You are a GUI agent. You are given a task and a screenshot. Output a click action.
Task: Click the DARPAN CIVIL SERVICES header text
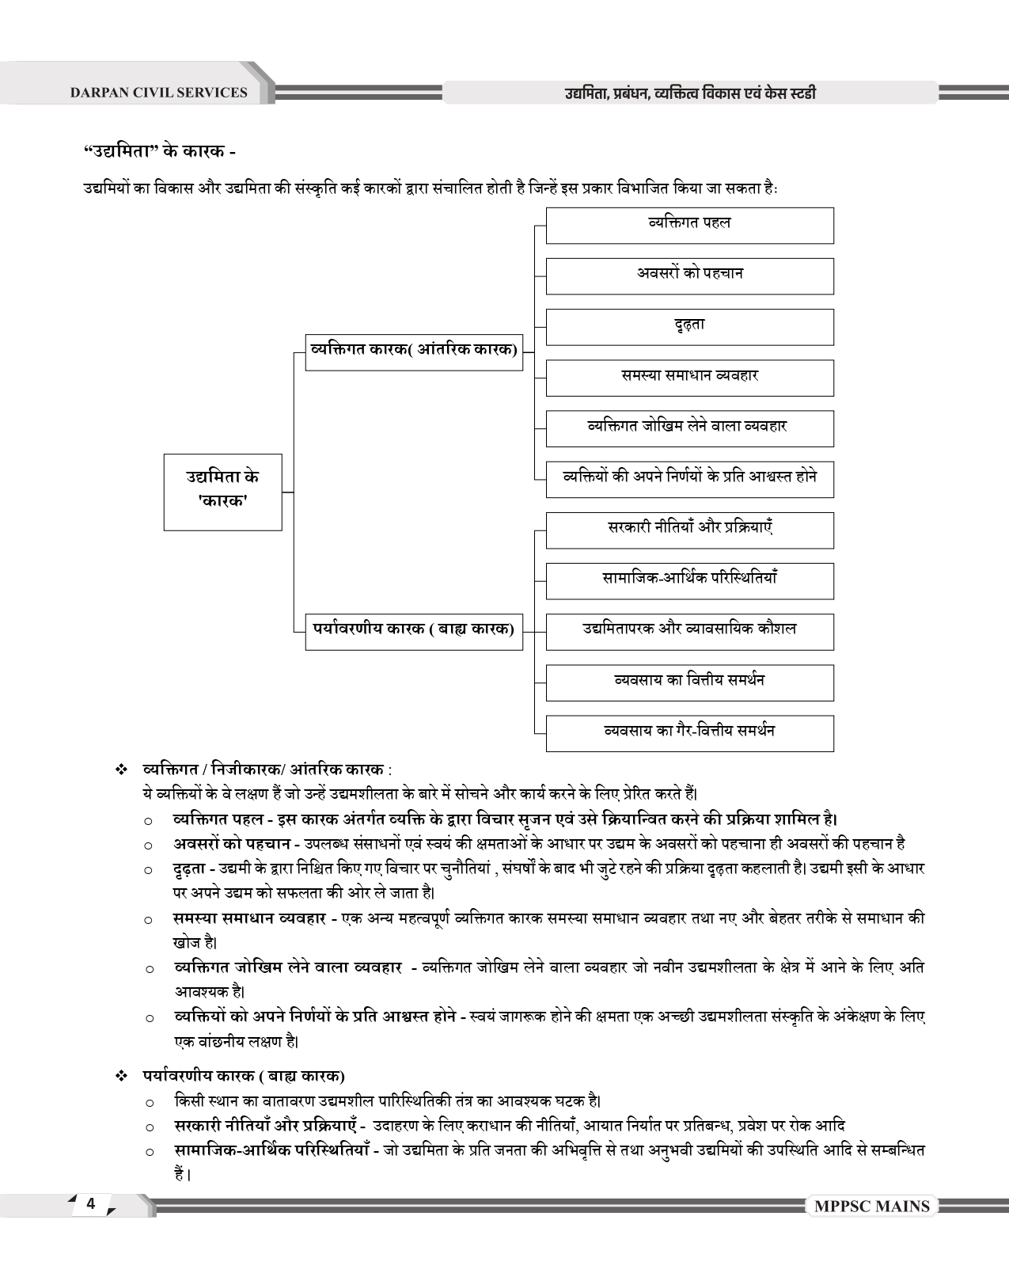click(x=158, y=93)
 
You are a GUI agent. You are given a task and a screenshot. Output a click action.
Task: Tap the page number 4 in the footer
click(x=91, y=1203)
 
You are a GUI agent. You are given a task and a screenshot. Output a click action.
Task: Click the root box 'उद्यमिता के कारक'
click(x=222, y=491)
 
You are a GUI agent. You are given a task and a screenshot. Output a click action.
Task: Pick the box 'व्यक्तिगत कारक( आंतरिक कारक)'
click(x=414, y=352)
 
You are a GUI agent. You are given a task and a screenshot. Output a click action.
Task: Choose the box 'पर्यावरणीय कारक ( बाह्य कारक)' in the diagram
click(x=414, y=631)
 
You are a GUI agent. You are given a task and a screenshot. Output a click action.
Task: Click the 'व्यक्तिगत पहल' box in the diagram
click(x=689, y=225)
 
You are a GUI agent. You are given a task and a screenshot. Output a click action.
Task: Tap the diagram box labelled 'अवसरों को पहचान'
click(x=689, y=276)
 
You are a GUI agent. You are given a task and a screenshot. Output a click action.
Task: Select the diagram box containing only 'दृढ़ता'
click(x=689, y=326)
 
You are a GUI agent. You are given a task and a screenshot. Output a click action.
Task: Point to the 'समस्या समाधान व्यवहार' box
click(x=689, y=377)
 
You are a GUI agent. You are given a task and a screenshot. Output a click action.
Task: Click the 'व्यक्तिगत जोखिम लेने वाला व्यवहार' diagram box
click(x=689, y=428)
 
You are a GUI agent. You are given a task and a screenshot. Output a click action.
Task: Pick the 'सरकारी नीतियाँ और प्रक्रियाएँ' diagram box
click(x=689, y=530)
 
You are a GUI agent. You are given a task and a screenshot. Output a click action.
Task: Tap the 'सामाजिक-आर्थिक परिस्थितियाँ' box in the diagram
click(x=689, y=580)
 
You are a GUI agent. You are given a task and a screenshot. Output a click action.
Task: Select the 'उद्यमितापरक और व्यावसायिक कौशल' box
click(x=689, y=631)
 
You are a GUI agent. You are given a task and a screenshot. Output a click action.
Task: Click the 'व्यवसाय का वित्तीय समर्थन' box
click(x=689, y=682)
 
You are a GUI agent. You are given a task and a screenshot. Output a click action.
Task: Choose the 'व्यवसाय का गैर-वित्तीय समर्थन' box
click(x=689, y=732)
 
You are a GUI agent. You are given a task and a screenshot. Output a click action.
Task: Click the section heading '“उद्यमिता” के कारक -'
click(x=159, y=150)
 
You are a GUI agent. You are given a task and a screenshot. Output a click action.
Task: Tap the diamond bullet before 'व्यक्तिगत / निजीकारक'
click(x=121, y=770)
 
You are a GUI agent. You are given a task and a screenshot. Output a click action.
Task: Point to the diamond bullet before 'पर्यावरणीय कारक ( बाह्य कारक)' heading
click(x=121, y=1076)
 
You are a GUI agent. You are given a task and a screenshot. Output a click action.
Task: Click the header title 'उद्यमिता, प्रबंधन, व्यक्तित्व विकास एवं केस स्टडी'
click(x=689, y=93)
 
